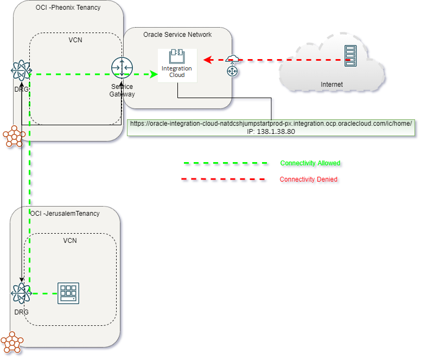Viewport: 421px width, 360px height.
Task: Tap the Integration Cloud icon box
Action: tap(177, 65)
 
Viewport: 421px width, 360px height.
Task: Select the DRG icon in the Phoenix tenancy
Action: tap(21, 70)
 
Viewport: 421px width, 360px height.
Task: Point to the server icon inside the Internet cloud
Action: tap(350, 56)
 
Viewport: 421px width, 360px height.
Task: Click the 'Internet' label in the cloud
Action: tap(331, 84)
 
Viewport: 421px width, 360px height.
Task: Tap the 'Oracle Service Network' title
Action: tap(177, 35)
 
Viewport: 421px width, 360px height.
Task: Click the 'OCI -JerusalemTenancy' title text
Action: tap(65, 214)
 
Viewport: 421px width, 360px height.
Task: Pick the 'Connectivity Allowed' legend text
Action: tap(310, 163)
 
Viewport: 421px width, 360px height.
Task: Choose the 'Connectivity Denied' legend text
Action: tap(309, 179)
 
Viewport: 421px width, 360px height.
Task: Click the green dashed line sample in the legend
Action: tap(226, 163)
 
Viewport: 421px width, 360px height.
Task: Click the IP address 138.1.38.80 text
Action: tap(271, 131)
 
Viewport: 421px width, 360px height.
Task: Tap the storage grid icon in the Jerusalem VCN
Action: tap(68, 293)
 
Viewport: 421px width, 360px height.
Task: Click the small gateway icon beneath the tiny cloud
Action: tap(233, 70)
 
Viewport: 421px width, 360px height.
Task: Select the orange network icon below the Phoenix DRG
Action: tap(14, 136)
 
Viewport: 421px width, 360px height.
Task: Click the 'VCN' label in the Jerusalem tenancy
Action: tap(70, 240)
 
